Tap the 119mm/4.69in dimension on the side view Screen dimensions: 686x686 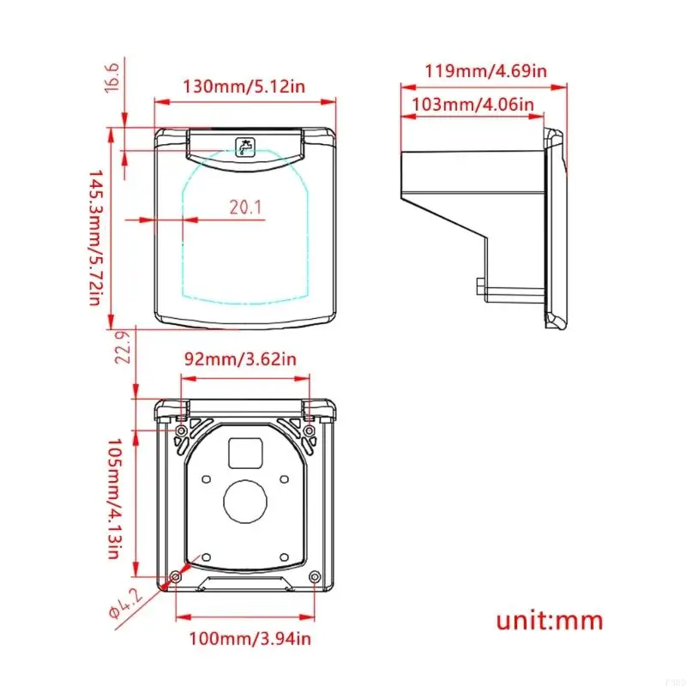point(485,69)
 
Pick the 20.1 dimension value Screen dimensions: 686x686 point(246,206)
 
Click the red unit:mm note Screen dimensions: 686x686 point(550,620)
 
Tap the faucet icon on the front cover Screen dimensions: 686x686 point(245,147)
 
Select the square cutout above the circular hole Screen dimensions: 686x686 point(246,453)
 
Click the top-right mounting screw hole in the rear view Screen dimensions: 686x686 point(308,429)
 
